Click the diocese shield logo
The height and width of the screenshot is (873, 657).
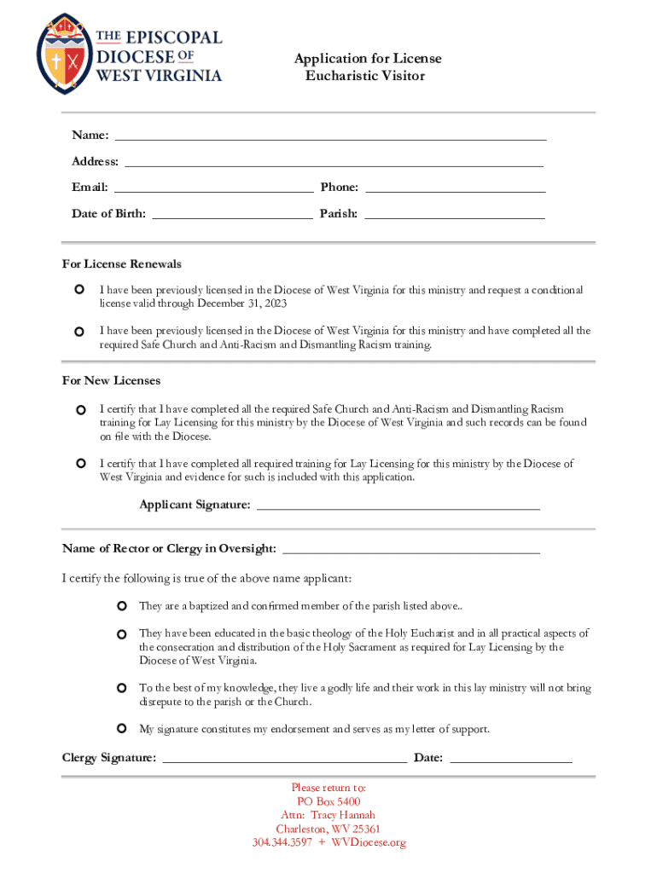coord(64,53)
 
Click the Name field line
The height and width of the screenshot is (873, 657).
coord(330,137)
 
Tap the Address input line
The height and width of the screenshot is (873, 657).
coord(334,164)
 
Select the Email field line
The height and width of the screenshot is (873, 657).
coord(213,190)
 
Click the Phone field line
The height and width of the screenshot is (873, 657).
coord(455,190)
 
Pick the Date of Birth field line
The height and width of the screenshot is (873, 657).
coord(232,217)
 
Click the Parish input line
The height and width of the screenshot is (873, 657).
coord(454,217)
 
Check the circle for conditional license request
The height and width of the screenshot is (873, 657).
coord(79,291)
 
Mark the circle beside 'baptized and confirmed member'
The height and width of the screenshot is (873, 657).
coord(121,606)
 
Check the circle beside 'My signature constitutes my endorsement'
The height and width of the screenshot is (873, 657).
coord(121,728)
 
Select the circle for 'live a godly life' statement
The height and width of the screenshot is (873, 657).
coord(121,687)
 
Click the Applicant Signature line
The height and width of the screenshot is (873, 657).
coord(398,507)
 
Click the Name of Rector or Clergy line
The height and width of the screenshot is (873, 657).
coord(410,551)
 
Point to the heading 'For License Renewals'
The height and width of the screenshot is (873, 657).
coord(122,264)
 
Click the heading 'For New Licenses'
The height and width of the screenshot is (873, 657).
coord(112,380)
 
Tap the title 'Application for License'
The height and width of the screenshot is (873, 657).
coord(368,59)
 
